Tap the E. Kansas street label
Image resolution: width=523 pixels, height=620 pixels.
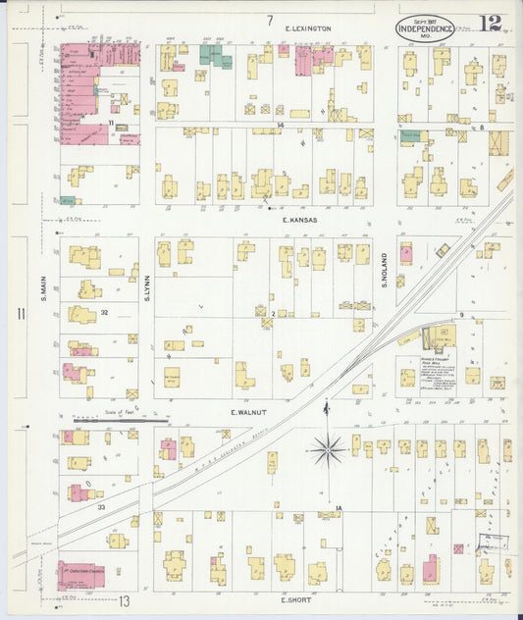[300, 221]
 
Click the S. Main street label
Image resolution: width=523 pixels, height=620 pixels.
[45, 267]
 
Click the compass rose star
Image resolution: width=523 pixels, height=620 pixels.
[326, 450]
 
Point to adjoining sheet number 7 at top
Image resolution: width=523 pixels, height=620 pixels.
[269, 20]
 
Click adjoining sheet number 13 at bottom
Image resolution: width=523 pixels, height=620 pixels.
[125, 599]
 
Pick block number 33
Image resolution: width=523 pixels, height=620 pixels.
[101, 507]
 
